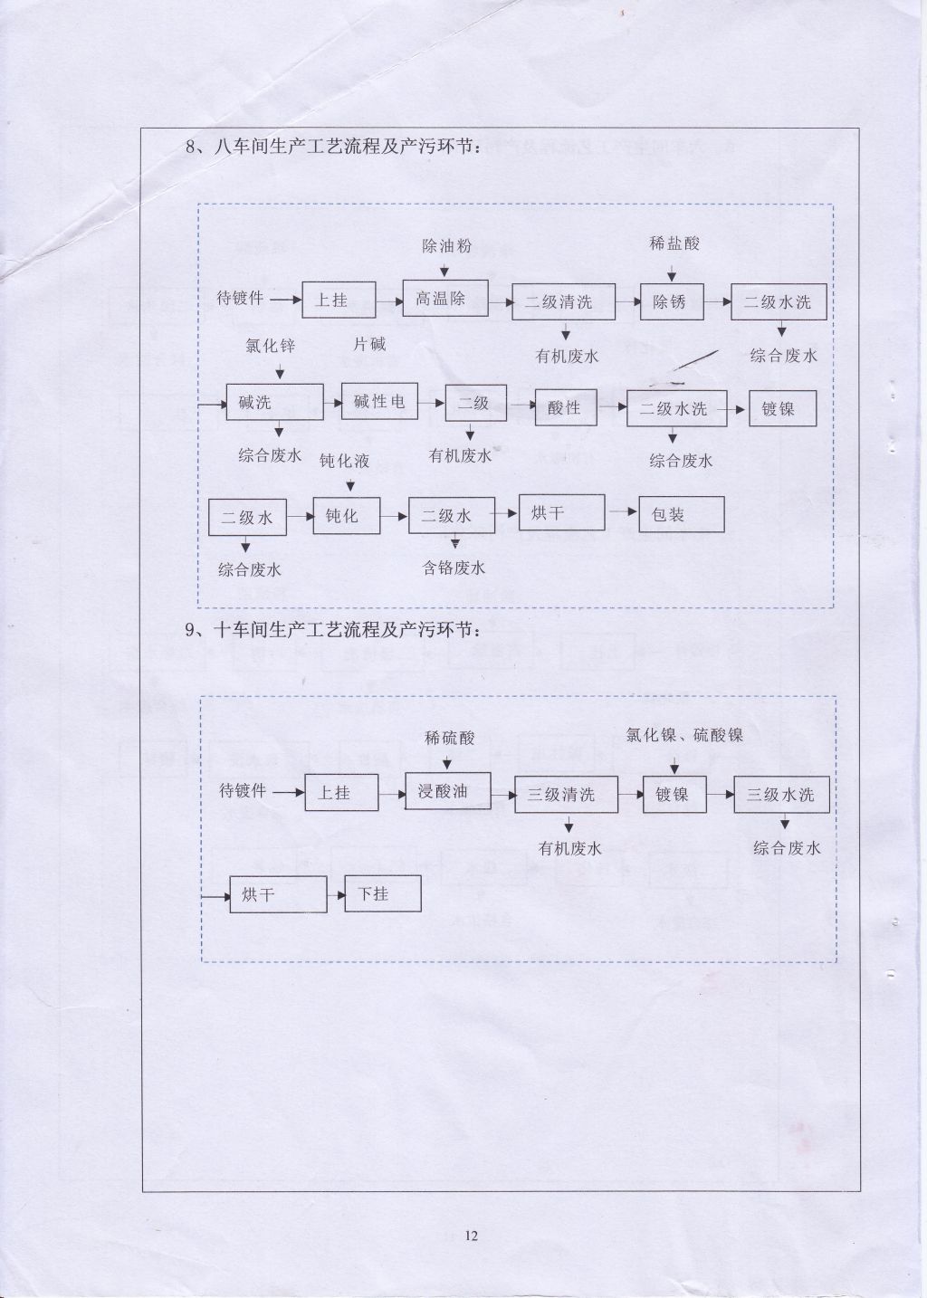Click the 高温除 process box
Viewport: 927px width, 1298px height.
445,298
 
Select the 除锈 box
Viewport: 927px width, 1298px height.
672,301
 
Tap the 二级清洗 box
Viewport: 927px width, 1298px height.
563,301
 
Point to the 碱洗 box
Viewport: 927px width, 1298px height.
274,402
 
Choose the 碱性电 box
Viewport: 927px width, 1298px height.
379,401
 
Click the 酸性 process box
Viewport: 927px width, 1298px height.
566,408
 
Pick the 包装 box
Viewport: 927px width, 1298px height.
682,514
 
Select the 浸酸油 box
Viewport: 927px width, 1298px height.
448,790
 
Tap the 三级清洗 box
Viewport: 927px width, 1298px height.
566,794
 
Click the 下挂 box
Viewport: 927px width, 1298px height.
382,893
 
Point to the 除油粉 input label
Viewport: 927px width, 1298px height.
446,246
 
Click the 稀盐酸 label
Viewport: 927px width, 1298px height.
674,243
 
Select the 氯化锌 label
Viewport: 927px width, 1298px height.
270,346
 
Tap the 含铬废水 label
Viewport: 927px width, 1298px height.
454,568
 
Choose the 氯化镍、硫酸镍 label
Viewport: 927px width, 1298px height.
684,735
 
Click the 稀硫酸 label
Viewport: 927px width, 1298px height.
450,738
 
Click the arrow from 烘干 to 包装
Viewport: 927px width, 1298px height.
622,511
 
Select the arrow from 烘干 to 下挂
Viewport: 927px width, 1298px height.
336,895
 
